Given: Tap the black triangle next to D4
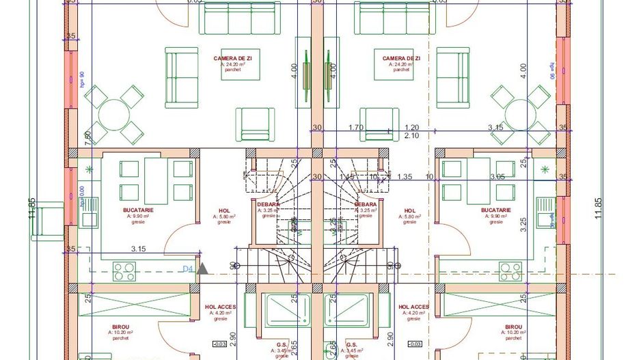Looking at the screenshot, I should [202, 269].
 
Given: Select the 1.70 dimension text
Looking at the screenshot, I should [355, 127].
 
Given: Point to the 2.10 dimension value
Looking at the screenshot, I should [411, 136].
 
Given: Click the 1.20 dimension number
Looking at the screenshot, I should [411, 127].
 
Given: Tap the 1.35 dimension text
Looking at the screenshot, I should [404, 176].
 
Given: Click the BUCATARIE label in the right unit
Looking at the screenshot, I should [495, 210].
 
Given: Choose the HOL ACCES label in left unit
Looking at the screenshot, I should [220, 307].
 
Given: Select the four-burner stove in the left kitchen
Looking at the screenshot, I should [124, 271].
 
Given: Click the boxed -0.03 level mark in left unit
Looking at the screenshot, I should [220, 343].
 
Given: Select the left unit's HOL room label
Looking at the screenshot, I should [223, 211].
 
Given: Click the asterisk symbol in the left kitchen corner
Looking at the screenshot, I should [88, 169].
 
